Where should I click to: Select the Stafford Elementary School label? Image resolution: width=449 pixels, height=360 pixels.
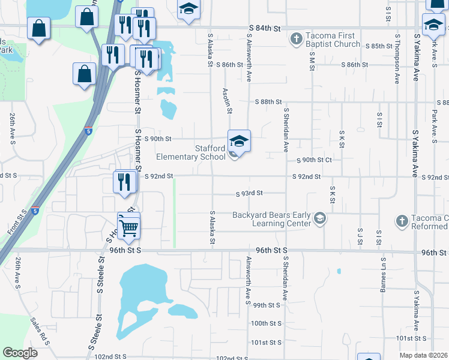191,152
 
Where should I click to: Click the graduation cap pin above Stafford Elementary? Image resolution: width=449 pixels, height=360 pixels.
239,142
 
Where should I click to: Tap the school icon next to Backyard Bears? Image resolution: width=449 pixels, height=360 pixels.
320,218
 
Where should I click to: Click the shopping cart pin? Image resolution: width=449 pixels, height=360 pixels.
128,227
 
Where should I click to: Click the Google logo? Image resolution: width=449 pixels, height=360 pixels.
20,353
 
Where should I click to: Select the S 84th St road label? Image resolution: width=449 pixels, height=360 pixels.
265,29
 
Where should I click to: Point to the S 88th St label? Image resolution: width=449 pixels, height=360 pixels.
267,102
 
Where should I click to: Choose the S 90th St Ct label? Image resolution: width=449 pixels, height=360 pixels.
318,160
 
